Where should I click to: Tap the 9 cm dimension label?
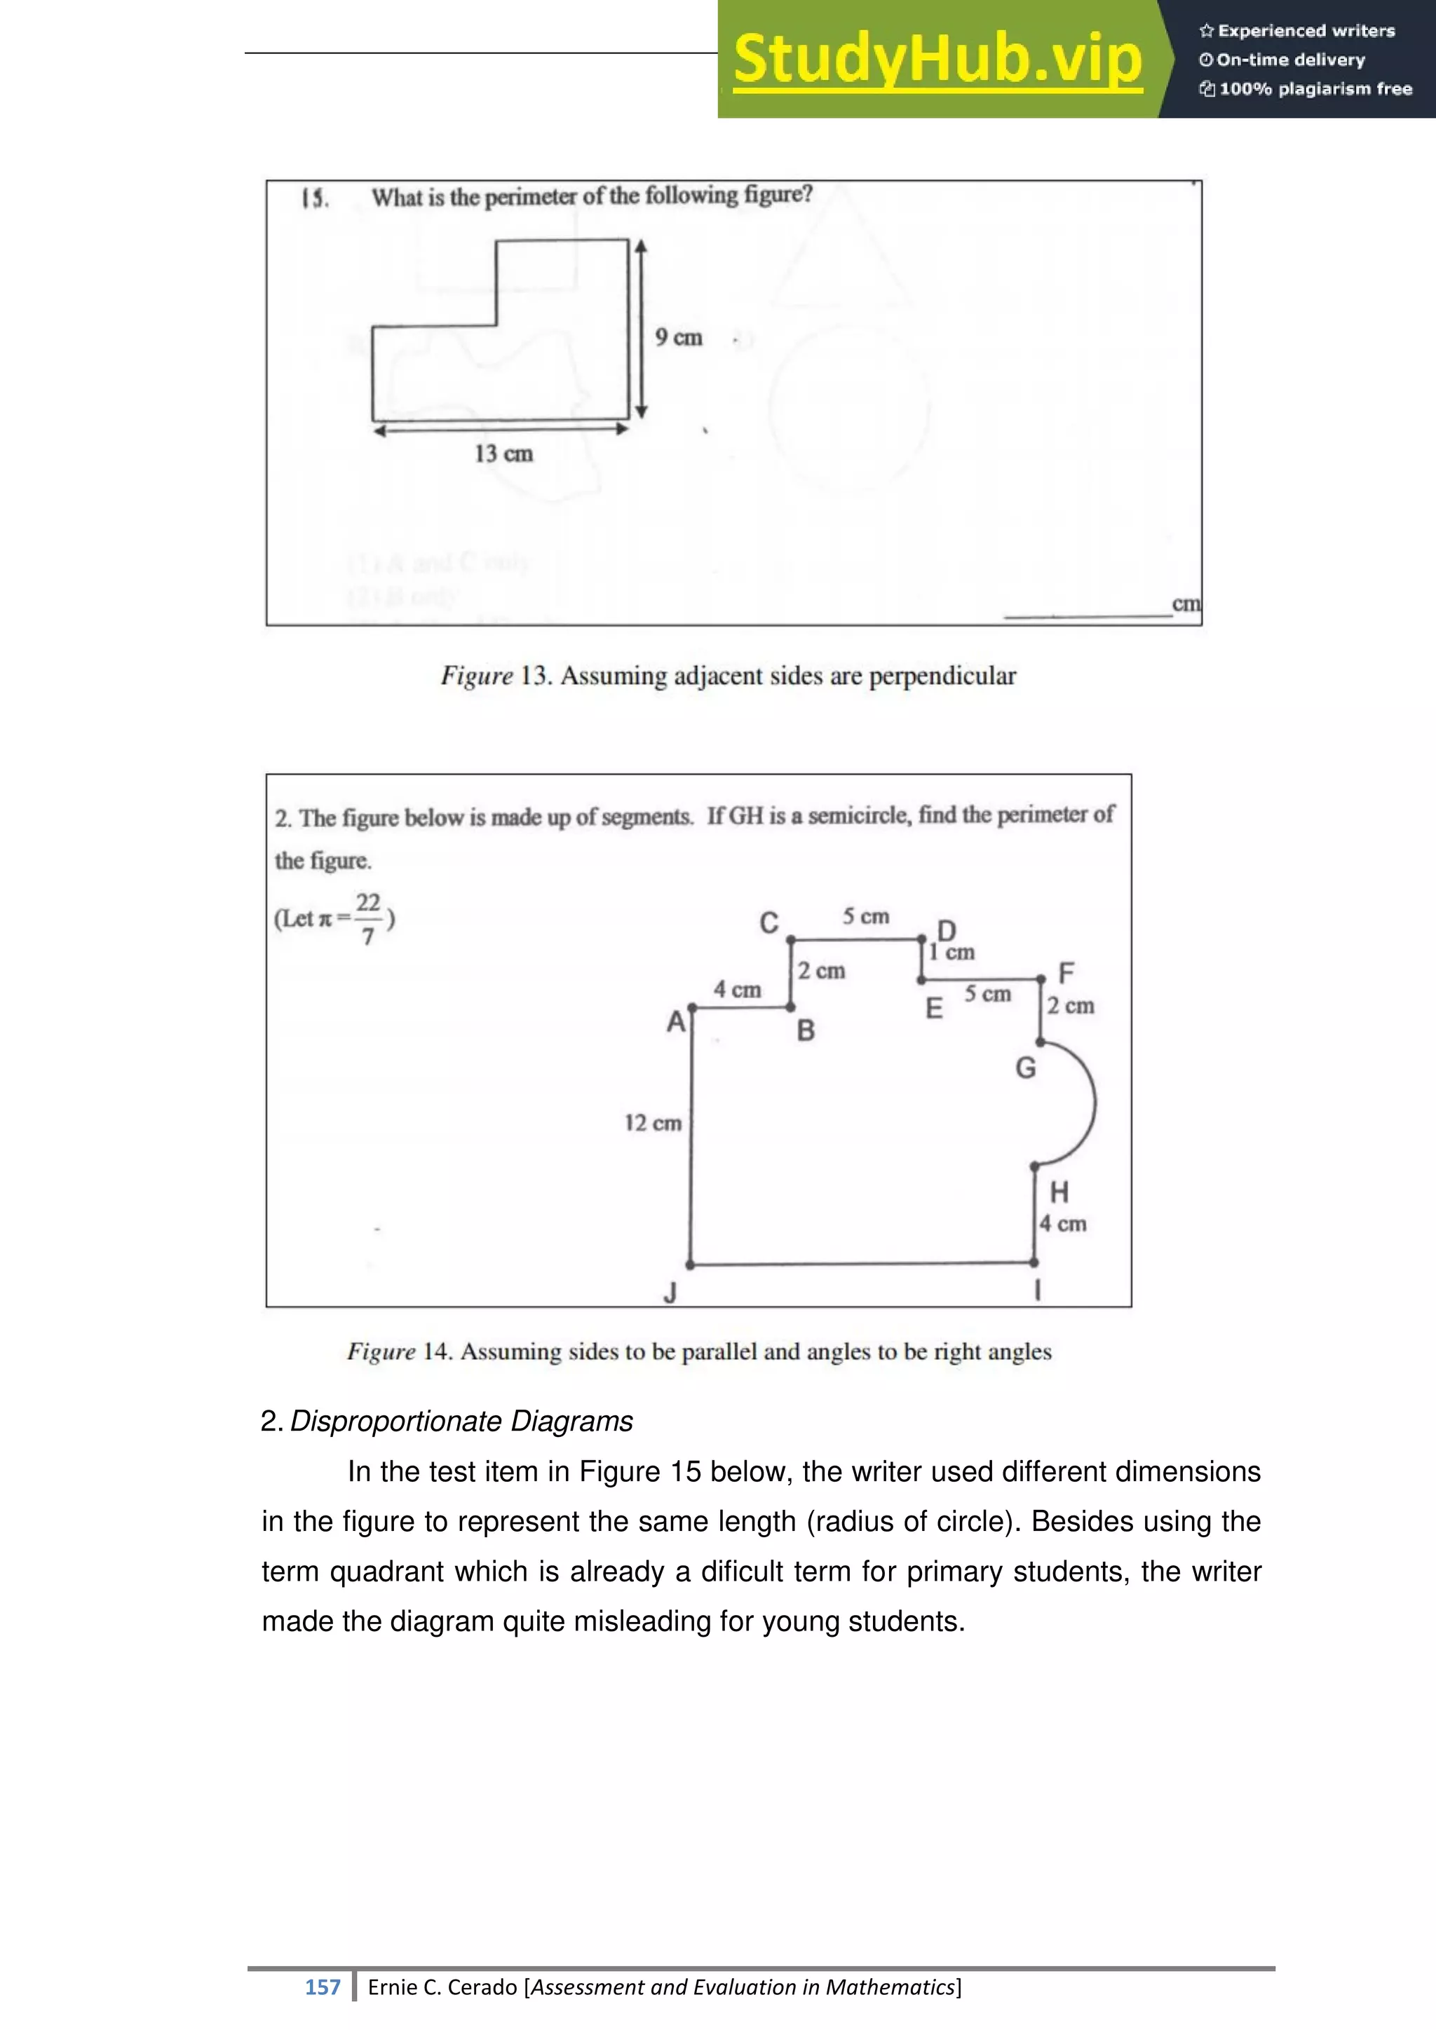tap(678, 338)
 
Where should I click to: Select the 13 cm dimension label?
tap(503, 454)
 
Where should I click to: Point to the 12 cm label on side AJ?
tap(653, 1123)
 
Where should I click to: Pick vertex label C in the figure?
tap(769, 923)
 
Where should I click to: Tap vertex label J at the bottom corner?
tap(670, 1293)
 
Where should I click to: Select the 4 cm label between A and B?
tap(736, 990)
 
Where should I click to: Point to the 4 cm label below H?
tap(1062, 1225)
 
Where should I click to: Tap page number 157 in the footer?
tap(323, 1987)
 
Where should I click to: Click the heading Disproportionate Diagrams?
tap(461, 1422)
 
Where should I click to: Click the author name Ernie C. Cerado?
tap(442, 1987)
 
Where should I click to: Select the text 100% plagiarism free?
tap(1315, 88)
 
